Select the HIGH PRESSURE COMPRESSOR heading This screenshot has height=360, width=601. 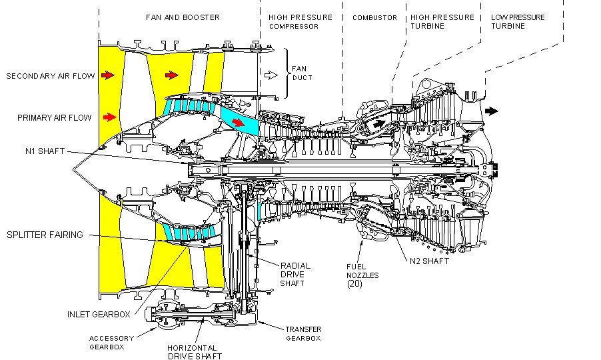(x=300, y=22)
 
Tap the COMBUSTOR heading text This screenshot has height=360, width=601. (x=374, y=17)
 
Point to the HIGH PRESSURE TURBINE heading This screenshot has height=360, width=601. (x=442, y=22)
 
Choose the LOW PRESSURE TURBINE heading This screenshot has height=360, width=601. (x=518, y=22)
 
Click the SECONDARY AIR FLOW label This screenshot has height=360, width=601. (x=49, y=76)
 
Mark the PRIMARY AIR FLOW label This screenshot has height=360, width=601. (x=55, y=118)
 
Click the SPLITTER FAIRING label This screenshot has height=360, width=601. (x=45, y=235)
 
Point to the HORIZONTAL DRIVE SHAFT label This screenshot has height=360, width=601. (x=191, y=352)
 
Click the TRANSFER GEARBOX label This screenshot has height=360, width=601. (x=303, y=334)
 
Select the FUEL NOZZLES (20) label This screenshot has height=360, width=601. (x=361, y=274)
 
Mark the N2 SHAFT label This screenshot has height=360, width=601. (x=431, y=261)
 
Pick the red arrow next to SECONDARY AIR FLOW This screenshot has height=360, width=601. (x=107, y=76)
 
